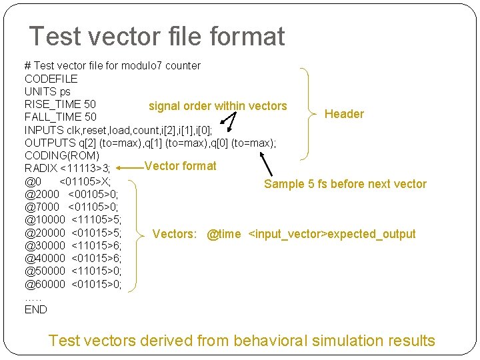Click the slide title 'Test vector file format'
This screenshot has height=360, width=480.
(x=157, y=36)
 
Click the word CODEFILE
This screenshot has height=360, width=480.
(x=51, y=79)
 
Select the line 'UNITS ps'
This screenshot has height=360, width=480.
(x=47, y=91)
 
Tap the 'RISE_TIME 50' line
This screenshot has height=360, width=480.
(x=60, y=104)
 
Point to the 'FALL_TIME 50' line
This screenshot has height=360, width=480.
(x=60, y=117)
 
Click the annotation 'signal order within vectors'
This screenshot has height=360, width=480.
(x=217, y=106)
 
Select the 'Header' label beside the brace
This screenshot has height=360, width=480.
(x=344, y=114)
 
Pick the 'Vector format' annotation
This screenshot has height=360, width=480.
(x=180, y=166)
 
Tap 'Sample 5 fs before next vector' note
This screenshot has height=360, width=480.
(x=345, y=184)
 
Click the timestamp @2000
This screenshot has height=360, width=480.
(x=42, y=194)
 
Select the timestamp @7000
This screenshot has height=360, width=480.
(x=42, y=207)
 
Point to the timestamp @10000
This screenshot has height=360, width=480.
(x=45, y=219)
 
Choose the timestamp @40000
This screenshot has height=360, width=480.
(x=45, y=258)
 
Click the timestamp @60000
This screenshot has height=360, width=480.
(x=45, y=284)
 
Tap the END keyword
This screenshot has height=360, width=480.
(x=36, y=309)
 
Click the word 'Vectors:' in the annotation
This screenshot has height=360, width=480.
(x=175, y=234)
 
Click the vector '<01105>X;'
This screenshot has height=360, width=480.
(x=85, y=181)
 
